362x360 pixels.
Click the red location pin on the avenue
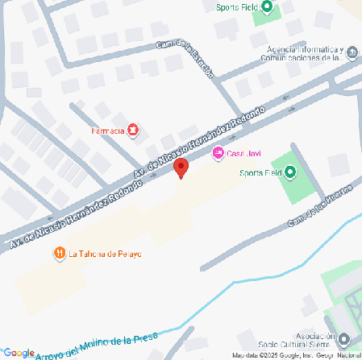(x=181, y=168)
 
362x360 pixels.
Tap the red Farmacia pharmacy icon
(x=133, y=130)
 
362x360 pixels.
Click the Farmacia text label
(x=107, y=130)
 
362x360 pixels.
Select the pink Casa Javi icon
(x=217, y=154)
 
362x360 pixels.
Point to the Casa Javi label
(x=243, y=154)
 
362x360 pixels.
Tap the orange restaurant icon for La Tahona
(x=60, y=253)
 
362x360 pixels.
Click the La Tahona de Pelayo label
(x=105, y=254)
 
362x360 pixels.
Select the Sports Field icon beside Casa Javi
(x=291, y=172)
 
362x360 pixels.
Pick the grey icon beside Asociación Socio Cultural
(x=345, y=340)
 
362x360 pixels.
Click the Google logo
(x=17, y=353)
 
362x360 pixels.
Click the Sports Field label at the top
(x=237, y=8)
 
